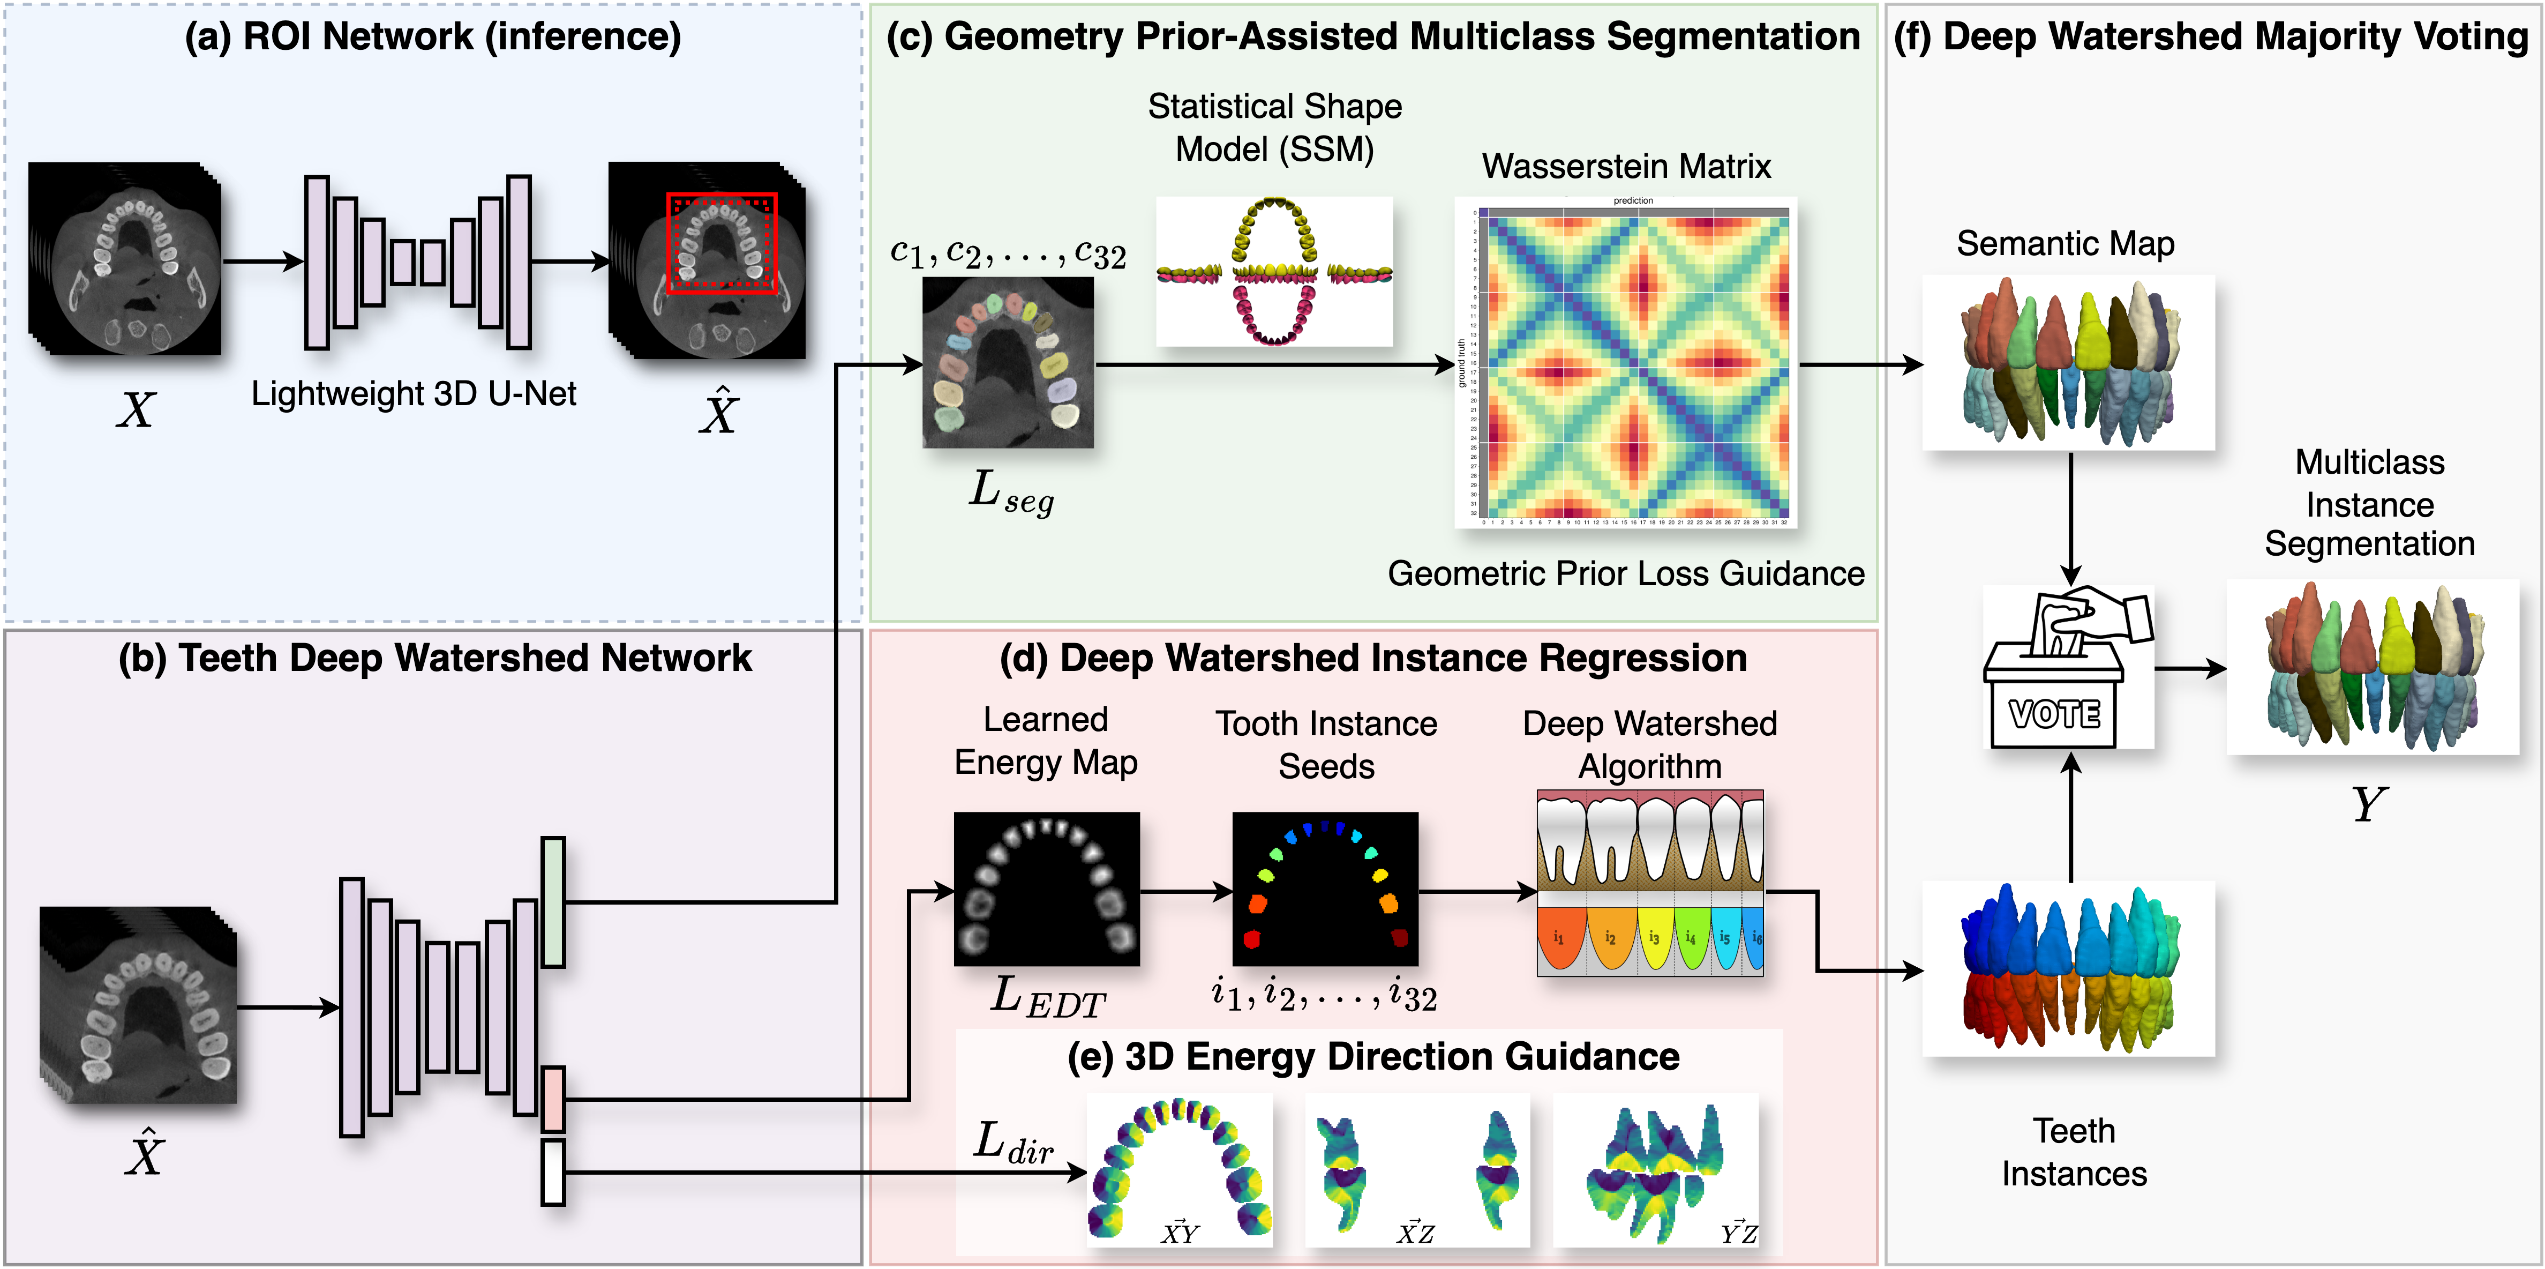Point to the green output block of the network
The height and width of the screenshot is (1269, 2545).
click(553, 901)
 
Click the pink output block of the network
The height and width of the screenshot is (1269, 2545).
click(553, 1098)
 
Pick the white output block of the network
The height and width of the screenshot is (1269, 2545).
click(553, 1172)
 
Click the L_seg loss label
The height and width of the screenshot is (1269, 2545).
click(1010, 491)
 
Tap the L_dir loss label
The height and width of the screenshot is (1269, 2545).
click(1012, 1144)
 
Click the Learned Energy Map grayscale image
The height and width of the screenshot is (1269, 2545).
click(1046, 889)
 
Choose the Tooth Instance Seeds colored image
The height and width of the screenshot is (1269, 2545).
click(1325, 889)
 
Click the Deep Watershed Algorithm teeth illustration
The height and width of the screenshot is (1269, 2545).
click(1650, 883)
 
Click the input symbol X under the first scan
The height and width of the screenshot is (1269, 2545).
click(136, 409)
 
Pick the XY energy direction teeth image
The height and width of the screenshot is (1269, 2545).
click(1178, 1169)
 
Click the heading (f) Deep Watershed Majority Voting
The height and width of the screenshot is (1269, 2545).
click(2211, 36)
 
